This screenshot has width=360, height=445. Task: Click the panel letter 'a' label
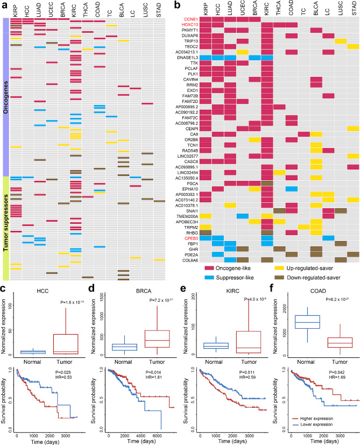(4, 4)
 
